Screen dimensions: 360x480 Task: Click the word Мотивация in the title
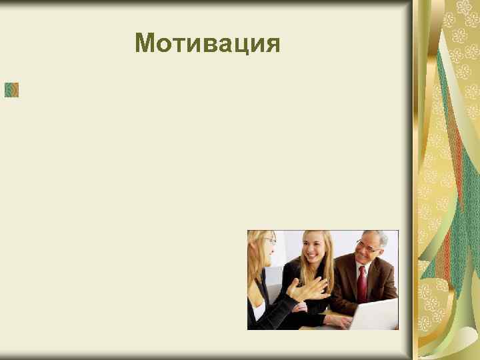tap(207, 43)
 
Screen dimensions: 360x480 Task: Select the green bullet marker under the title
tap(11, 89)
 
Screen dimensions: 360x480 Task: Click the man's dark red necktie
tap(362, 283)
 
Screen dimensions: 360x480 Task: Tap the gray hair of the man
tap(377, 237)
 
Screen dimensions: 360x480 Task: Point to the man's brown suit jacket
tap(383, 280)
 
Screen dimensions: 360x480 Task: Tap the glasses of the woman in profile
tap(269, 240)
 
